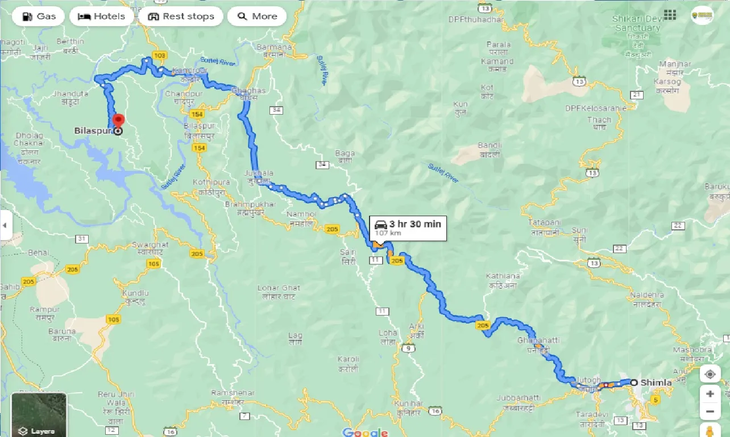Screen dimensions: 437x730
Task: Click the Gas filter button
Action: pyautogui.click(x=39, y=16)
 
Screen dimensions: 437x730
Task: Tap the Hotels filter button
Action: pyautogui.click(x=101, y=16)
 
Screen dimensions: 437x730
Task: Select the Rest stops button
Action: pyautogui.click(x=181, y=16)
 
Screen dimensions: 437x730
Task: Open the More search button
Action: pyautogui.click(x=257, y=16)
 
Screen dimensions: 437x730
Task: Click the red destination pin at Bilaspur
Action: pyautogui.click(x=118, y=121)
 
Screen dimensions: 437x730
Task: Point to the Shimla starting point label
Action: pyautogui.click(x=656, y=383)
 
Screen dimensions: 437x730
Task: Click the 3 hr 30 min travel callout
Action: pyautogui.click(x=408, y=228)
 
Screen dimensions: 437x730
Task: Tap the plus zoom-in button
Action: pyautogui.click(x=710, y=393)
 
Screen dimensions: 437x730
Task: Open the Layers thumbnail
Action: pyautogui.click(x=39, y=414)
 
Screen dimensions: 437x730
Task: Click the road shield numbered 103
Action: pyautogui.click(x=160, y=55)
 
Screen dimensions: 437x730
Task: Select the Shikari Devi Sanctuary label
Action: pyautogui.click(x=636, y=24)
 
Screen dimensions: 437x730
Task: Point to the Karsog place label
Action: pyautogui.click(x=667, y=82)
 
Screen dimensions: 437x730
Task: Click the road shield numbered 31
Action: pyautogui.click(x=82, y=238)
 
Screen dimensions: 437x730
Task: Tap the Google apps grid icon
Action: pyautogui.click(x=670, y=15)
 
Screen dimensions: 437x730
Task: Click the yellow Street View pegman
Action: pyautogui.click(x=710, y=430)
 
